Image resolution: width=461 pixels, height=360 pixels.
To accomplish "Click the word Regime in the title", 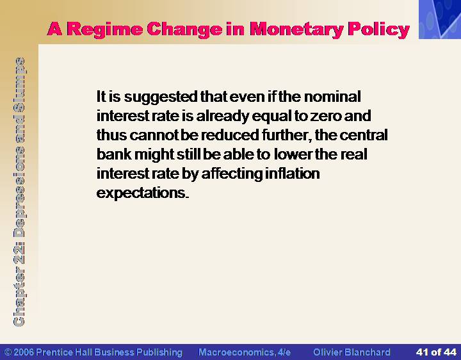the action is [x=105, y=30].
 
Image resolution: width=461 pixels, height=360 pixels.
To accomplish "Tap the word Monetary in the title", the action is [x=297, y=30].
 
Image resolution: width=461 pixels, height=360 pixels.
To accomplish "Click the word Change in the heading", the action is [x=184, y=29].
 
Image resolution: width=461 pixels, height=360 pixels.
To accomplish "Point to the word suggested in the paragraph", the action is [x=161, y=97].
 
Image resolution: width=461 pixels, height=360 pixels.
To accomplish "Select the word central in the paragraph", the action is [x=364, y=135].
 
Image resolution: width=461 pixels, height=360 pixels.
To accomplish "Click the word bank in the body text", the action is [x=114, y=154].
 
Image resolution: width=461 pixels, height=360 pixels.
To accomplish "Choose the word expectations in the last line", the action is [x=142, y=193].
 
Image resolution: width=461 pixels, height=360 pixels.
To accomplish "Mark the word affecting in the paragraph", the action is [x=232, y=174].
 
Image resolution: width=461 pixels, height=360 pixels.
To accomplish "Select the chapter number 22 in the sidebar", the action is [x=19, y=255].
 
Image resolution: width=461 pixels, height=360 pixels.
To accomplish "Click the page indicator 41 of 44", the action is [x=436, y=352].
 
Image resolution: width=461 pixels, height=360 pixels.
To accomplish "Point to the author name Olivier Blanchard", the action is [x=352, y=352].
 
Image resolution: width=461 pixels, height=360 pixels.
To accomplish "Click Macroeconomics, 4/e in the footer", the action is [x=245, y=352].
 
